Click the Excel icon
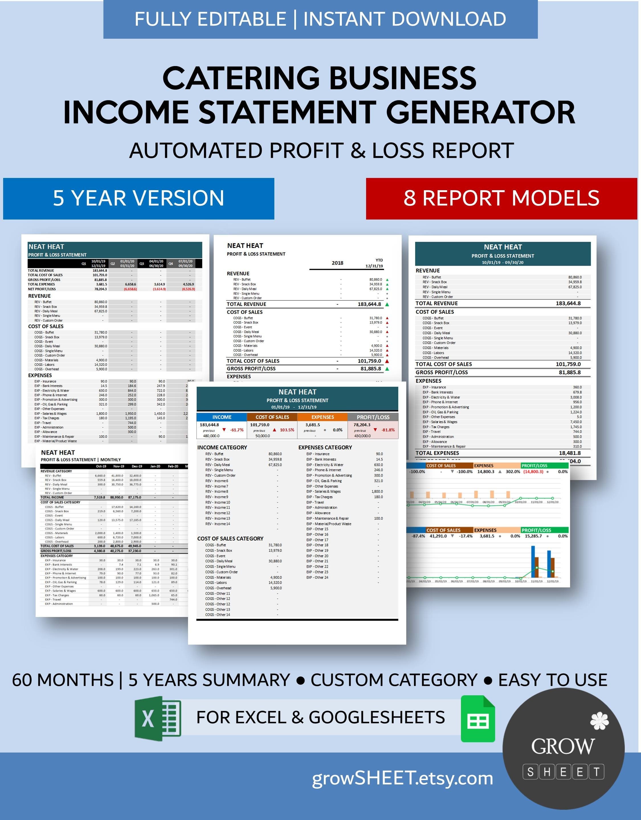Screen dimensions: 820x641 [158, 718]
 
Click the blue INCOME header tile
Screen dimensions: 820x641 [222, 417]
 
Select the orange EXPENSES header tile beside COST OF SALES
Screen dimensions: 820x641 [322, 417]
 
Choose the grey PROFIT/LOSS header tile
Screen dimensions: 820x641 [373, 417]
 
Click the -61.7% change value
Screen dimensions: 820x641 [237, 430]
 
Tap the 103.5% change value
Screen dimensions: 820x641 [287, 430]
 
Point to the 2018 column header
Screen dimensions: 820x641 [337, 263]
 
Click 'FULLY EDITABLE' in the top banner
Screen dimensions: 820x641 [211, 19]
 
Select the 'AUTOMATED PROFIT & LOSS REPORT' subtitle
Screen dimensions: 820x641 [321, 151]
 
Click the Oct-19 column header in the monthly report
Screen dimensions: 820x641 [101, 466]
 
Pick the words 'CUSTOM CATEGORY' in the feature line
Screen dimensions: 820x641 [394, 680]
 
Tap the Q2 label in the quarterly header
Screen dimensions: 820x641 [113, 264]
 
